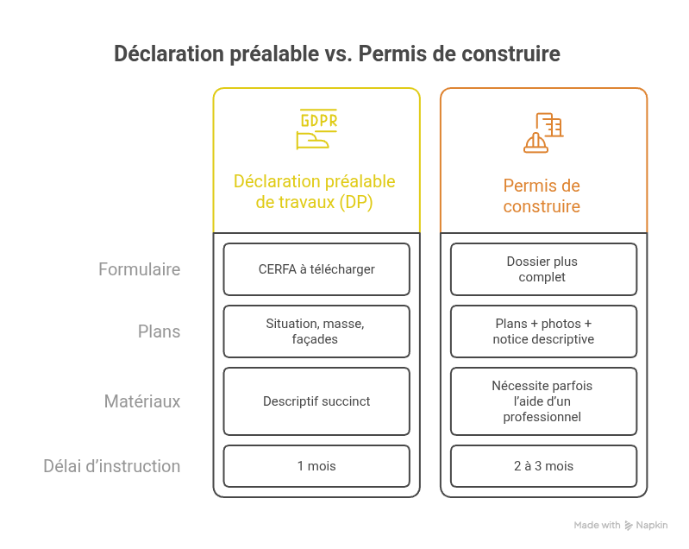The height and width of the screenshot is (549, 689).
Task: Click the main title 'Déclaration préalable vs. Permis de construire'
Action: click(337, 54)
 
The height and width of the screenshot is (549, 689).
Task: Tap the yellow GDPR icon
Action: click(316, 129)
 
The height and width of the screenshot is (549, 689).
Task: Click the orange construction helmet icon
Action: click(543, 132)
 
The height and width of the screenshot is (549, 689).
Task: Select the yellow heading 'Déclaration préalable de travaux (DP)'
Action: click(315, 192)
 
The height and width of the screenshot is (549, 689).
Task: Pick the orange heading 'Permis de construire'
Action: click(542, 196)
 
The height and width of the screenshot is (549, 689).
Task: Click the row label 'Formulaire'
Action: click(139, 269)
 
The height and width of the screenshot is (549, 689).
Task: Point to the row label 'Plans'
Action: click(159, 331)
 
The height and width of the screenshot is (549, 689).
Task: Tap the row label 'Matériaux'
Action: click(142, 401)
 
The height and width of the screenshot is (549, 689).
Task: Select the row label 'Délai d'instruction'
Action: click(112, 466)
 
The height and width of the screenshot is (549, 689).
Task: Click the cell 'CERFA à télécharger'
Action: click(316, 269)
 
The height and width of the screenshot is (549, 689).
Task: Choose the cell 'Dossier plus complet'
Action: click(542, 269)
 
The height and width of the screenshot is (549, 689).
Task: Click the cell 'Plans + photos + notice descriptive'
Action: click(543, 331)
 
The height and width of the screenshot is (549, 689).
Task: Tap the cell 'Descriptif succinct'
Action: click(316, 401)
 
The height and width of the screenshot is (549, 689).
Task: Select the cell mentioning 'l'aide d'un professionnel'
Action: click(542, 401)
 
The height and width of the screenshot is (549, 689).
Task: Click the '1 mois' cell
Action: click(316, 466)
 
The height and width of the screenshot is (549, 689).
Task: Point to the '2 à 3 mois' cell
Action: click(543, 466)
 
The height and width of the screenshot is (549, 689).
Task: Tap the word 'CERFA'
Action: click(275, 269)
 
